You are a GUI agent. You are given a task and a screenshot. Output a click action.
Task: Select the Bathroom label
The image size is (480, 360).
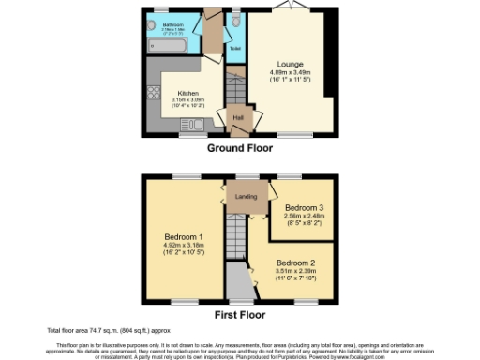coord(172,22)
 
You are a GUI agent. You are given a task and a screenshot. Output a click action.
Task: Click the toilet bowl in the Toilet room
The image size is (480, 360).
coord(234,21)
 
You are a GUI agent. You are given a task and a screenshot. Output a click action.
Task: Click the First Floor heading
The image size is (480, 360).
coord(240,315)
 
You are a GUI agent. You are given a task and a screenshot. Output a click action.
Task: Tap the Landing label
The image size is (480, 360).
coord(246,196)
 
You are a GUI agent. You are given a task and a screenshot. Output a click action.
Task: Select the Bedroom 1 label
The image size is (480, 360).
coord(184,235)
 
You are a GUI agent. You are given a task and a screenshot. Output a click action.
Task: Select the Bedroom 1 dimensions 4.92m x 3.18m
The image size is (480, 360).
coord(184,244)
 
